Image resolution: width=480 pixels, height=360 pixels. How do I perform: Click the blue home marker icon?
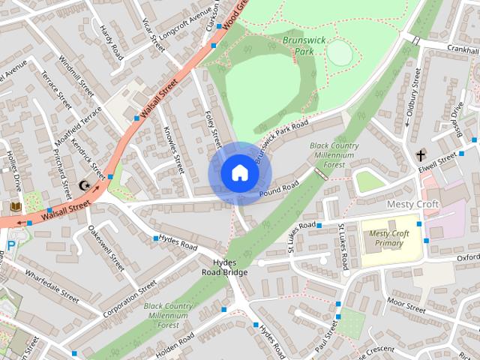[239, 173]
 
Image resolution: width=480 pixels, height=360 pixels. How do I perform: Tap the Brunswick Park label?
[304, 45]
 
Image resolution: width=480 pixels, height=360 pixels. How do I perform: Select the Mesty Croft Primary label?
[390, 238]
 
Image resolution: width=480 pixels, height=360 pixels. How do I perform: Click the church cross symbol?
[421, 155]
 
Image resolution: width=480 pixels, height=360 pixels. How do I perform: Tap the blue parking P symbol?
[10, 244]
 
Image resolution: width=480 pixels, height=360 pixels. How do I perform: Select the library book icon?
[16, 205]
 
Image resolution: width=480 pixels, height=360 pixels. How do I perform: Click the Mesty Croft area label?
[412, 204]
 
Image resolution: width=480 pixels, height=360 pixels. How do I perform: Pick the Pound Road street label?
[280, 190]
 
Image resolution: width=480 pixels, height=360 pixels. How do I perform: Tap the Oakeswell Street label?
[106, 248]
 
